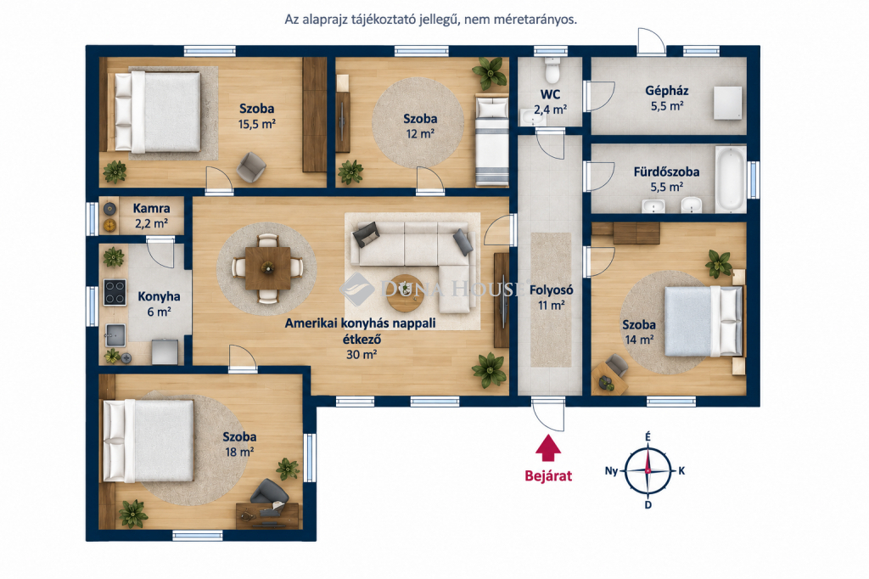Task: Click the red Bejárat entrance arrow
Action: [548, 447]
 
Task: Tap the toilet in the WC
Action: [552, 70]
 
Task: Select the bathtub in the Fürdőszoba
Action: [731, 178]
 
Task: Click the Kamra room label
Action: [151, 209]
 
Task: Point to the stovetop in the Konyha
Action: [115, 292]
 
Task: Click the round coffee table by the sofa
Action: [405, 294]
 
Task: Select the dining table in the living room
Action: [267, 268]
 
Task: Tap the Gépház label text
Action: [667, 91]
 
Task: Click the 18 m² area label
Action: [239, 452]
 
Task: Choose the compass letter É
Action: [648, 437]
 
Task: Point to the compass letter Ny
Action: [611, 471]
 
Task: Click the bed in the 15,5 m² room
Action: [158, 111]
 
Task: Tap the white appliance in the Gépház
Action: [727, 103]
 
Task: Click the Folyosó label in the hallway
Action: [551, 290]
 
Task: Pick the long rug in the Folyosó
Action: [551, 300]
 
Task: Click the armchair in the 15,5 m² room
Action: [251, 167]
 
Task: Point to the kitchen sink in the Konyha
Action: [115, 335]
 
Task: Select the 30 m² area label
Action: [362, 354]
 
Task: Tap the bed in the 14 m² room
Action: [704, 321]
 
